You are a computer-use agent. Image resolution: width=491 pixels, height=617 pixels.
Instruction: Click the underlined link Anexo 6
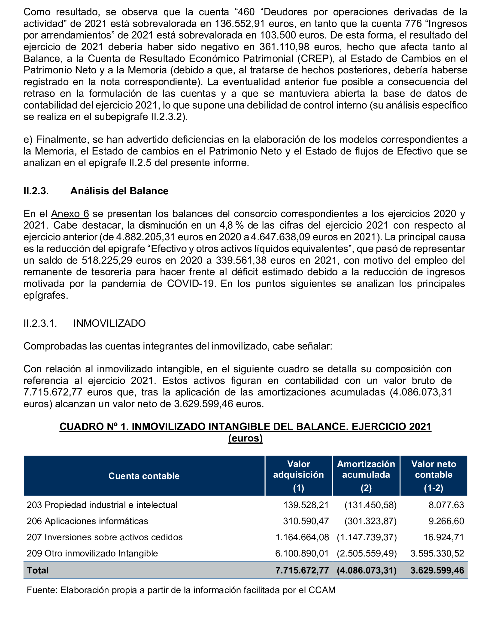click(x=70, y=214)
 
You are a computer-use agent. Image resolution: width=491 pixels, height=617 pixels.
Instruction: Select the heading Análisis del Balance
click(x=119, y=191)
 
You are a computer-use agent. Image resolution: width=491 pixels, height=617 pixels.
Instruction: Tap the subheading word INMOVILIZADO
click(x=109, y=323)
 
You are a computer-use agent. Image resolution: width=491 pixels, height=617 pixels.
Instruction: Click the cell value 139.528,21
click(x=306, y=505)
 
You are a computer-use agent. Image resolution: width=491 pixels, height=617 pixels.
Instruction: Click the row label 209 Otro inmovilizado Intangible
click(x=92, y=553)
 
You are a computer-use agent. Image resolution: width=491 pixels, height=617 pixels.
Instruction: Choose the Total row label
click(x=38, y=570)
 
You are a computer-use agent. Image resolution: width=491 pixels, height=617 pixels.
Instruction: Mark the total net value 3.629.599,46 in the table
click(x=437, y=570)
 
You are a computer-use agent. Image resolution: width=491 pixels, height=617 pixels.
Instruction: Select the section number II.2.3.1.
click(x=40, y=323)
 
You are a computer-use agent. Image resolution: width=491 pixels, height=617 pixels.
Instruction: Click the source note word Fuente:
click(x=42, y=590)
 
